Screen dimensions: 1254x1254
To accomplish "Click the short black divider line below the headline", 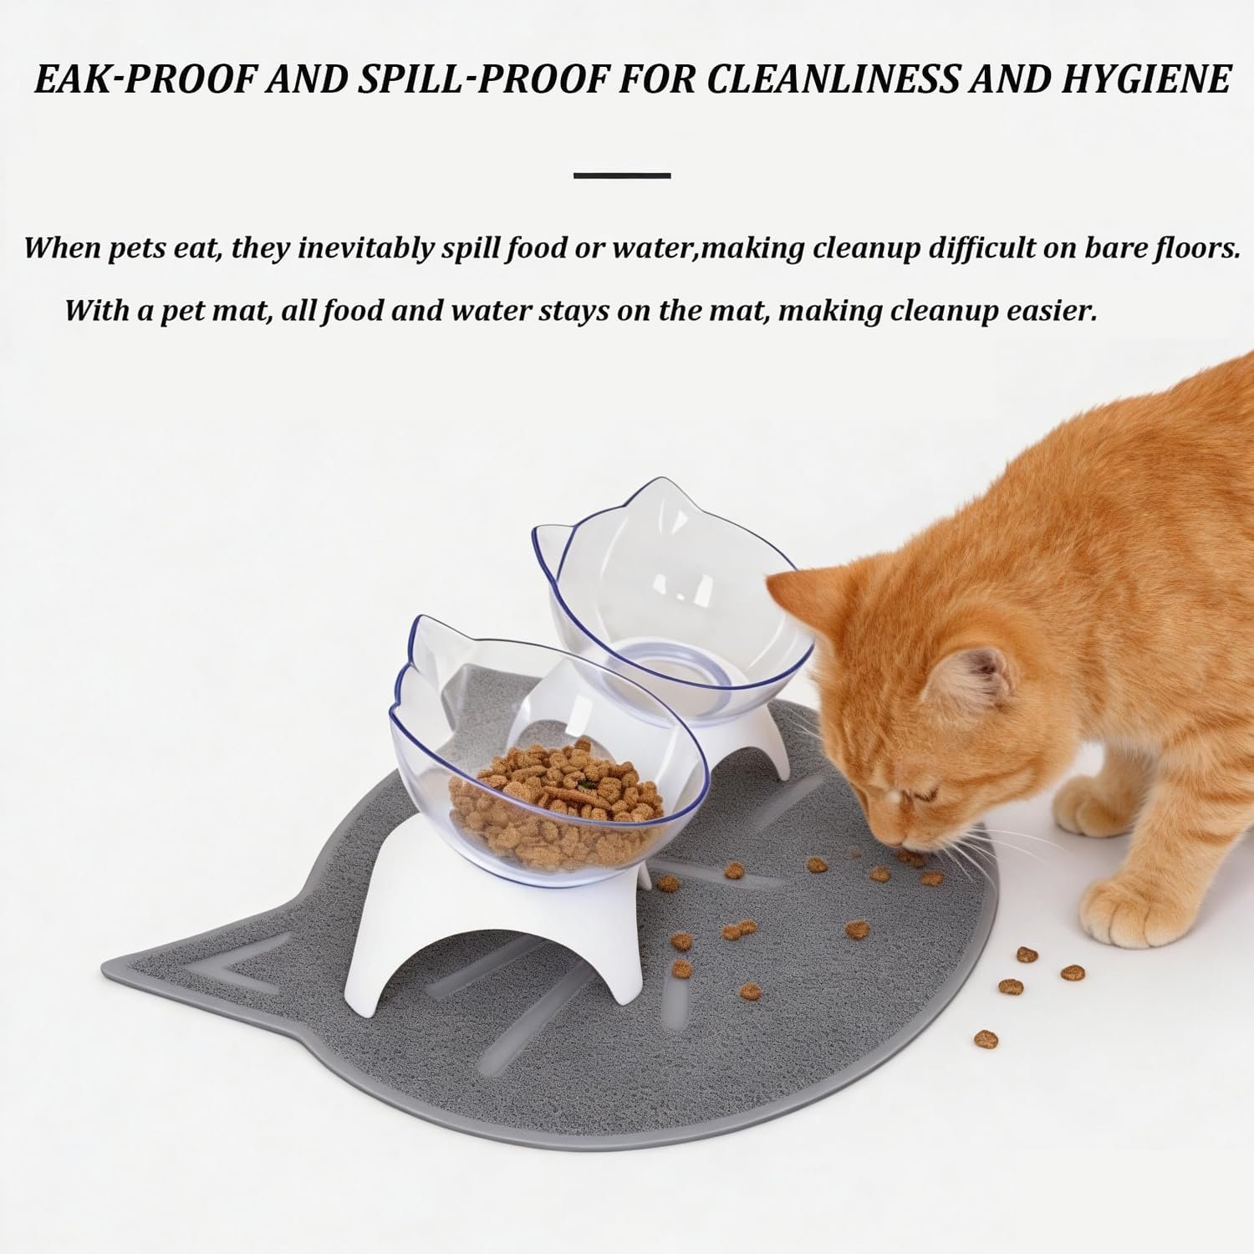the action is pos(623,176).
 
